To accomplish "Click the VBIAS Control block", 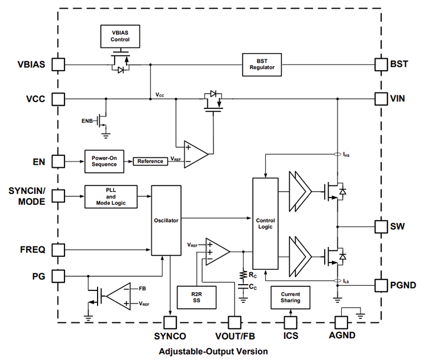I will pos(120,36).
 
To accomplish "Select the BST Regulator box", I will pos(262,64).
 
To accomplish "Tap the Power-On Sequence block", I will pos(104,160).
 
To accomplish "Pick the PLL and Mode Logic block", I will pos(111,195).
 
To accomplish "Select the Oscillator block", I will pos(166,220).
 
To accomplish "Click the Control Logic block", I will pos(265,223).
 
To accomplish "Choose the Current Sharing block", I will pos(290,297).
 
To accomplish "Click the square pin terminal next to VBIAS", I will pos(58,64).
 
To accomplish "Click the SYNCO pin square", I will pos(170,323).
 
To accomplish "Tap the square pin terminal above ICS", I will pos(290,323).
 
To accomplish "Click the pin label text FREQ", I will pos(33,249).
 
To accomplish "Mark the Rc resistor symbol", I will pos(244,275).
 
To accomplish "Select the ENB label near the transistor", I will pos(88,121).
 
